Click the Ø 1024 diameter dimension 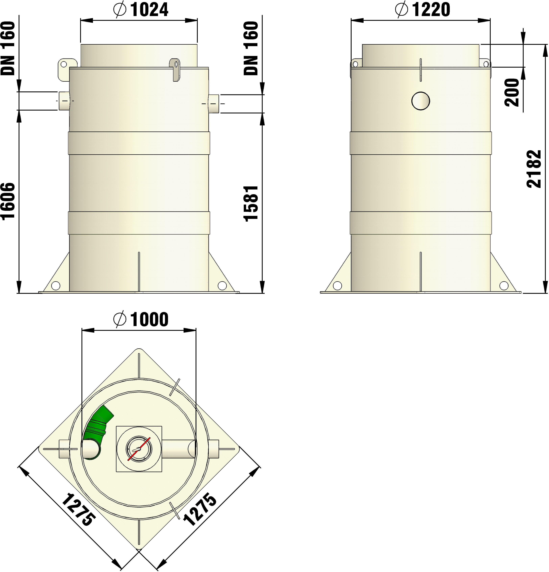140,10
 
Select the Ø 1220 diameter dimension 422,10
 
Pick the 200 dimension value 512,92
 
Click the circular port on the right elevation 421,101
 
